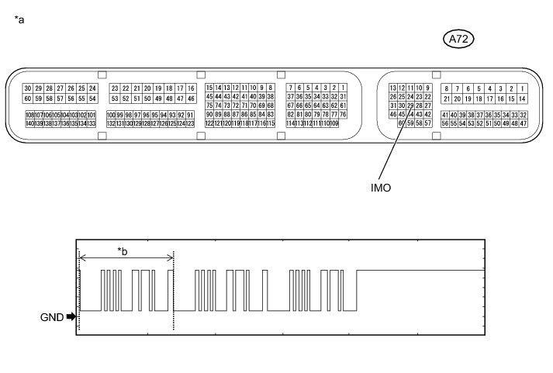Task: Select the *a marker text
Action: click(x=19, y=20)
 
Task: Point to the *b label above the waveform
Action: click(x=122, y=250)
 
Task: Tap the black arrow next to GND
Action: click(x=72, y=316)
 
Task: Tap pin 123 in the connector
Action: click(x=189, y=123)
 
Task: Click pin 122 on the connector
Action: click(x=209, y=123)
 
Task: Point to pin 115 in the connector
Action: click(x=271, y=123)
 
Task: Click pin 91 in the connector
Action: click(x=190, y=115)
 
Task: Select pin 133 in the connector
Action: click(x=92, y=123)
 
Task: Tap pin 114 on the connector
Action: click(x=290, y=123)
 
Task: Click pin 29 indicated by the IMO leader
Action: click(x=410, y=105)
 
